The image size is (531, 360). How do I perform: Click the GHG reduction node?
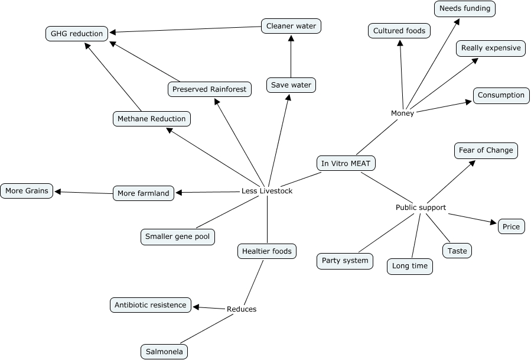[77, 34]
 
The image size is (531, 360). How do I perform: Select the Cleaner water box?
[291, 26]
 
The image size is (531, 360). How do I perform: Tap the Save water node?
[291, 85]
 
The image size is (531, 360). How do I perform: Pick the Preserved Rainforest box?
[210, 89]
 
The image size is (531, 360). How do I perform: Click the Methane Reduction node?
[151, 119]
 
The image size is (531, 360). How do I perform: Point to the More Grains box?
[27, 191]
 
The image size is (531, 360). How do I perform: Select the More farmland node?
[144, 193]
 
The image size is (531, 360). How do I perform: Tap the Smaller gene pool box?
[178, 237]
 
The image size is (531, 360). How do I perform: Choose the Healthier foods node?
[267, 251]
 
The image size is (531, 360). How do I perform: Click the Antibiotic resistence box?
[151, 305]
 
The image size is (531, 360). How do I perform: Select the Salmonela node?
[165, 352]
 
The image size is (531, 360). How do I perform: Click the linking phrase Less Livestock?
[267, 191]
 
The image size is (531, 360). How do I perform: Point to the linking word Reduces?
[242, 309]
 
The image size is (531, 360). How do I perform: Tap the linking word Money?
[402, 113]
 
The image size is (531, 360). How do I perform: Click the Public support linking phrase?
[421, 207]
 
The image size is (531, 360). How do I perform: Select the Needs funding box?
[464, 8]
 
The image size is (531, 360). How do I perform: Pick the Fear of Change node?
[486, 150]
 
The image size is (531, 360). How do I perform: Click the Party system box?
[346, 261]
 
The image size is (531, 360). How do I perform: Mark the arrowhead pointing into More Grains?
[57, 192]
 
